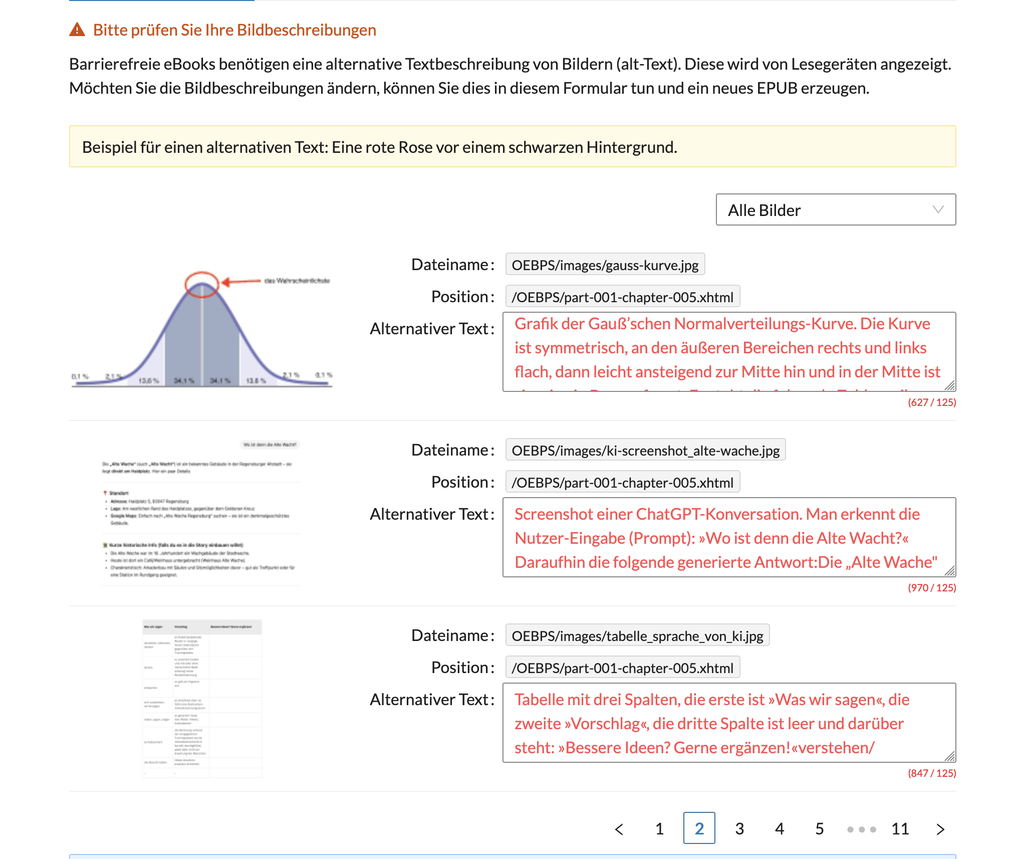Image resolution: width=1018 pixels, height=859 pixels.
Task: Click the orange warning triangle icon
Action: (77, 30)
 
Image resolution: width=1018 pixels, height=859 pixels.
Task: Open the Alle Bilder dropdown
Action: (835, 210)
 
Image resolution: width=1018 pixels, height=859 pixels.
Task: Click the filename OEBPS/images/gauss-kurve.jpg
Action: (605, 265)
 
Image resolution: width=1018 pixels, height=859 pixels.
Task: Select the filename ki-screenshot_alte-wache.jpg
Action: (645, 450)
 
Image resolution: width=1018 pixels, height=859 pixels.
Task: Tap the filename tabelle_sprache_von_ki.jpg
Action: (637, 635)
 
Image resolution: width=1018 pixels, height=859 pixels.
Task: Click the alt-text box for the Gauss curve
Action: (728, 351)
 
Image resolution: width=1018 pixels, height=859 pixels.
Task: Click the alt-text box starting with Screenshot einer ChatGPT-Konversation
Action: (728, 537)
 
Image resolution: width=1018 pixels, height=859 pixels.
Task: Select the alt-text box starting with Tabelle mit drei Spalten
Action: (728, 722)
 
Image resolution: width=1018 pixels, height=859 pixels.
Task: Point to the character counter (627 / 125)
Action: (931, 402)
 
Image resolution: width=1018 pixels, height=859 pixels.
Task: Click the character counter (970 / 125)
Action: (931, 588)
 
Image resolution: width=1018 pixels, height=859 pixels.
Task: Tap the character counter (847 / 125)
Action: (931, 773)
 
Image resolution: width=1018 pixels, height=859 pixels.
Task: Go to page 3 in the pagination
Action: (739, 828)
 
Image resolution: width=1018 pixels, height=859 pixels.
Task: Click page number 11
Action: (900, 828)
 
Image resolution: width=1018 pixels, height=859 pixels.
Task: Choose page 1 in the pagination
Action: (659, 828)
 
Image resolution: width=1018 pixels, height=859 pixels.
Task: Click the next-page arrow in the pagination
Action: (940, 829)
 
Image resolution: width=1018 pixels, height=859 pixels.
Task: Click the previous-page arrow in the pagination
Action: (619, 829)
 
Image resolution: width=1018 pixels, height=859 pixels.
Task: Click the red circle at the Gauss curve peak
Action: (202, 284)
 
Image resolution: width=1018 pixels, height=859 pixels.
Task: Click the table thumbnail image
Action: (202, 698)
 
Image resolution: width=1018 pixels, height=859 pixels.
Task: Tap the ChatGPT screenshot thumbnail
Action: (201, 511)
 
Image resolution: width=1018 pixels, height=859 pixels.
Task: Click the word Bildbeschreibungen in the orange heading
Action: (306, 30)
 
